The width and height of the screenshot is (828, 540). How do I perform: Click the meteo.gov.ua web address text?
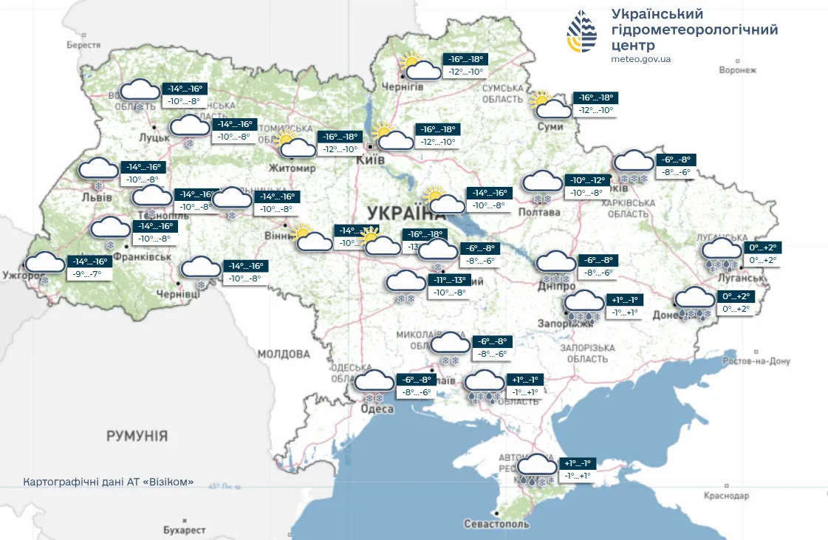(641, 59)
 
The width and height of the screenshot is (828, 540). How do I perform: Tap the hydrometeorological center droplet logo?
(582, 32)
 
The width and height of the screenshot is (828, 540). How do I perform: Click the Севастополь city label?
(497, 524)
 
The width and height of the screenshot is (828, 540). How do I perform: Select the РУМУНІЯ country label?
(137, 435)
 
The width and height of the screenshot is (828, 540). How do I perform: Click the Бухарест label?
(184, 530)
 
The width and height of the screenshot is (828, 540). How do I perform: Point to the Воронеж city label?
(738, 70)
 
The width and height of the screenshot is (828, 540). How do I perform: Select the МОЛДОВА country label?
(284, 354)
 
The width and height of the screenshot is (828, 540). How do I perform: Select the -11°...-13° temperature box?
(448, 287)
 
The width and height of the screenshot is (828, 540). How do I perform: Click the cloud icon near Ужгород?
(46, 263)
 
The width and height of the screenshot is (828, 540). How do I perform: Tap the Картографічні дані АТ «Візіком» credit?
(109, 482)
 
